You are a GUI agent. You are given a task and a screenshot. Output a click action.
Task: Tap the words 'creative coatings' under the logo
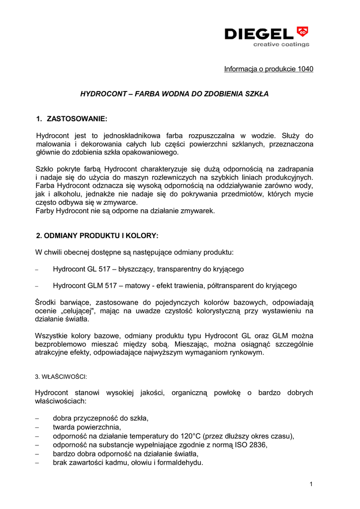[x=281, y=44]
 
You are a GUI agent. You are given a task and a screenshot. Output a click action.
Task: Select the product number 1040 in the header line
[x=305, y=69]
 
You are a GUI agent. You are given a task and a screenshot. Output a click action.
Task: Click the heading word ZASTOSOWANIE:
[x=77, y=119]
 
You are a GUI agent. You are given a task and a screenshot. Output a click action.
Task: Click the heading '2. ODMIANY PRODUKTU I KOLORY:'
[x=97, y=235]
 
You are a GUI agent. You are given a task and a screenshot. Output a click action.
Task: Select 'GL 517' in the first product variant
[x=102, y=269]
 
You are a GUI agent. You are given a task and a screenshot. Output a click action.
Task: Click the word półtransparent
[x=231, y=286]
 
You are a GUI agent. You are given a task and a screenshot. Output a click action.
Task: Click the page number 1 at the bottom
[x=311, y=484]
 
